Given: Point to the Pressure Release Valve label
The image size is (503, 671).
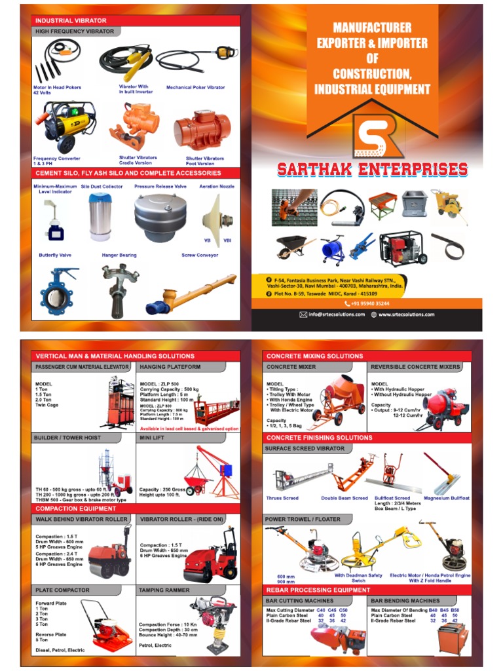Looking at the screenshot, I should (x=160, y=187).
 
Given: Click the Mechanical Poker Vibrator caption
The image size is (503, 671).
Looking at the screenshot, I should (x=195, y=87).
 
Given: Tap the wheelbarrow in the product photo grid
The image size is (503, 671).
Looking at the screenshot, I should (x=292, y=248).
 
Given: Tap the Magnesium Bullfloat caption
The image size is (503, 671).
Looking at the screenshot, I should (x=447, y=499).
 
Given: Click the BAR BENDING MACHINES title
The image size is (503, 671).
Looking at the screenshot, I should (x=405, y=600).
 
